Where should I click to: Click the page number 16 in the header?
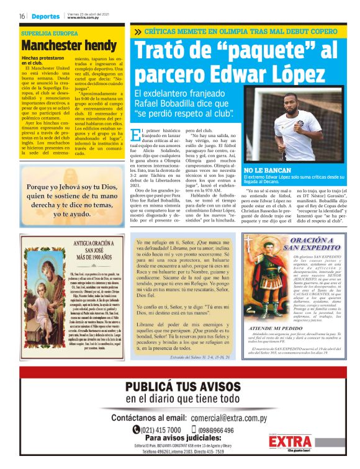(x=21, y=16)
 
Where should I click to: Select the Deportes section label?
(x=46, y=16)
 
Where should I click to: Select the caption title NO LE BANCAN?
(x=266, y=169)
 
